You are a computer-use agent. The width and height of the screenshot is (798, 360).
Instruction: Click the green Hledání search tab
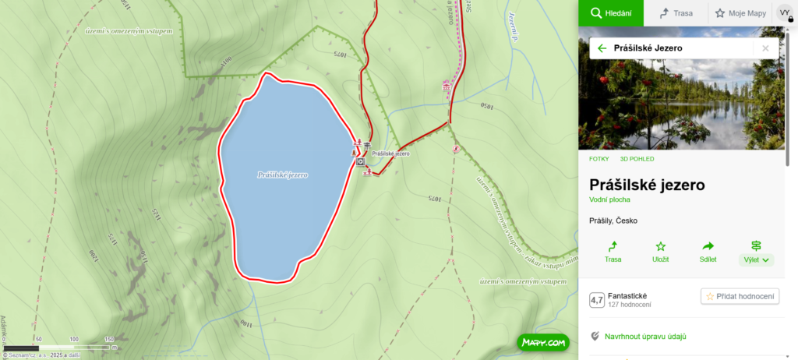[610, 13]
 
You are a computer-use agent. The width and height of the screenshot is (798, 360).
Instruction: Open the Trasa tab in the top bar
[675, 13]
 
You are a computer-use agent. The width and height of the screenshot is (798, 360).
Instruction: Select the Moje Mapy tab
[740, 13]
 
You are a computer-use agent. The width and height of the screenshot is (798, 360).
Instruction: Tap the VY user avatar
[785, 13]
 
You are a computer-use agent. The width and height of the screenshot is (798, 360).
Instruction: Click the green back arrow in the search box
[602, 48]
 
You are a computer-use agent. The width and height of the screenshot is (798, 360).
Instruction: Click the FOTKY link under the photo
[599, 159]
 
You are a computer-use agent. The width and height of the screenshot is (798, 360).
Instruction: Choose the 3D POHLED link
[637, 159]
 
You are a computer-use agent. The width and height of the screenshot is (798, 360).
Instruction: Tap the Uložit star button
[661, 252]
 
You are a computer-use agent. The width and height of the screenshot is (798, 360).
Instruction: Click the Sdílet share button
[708, 252]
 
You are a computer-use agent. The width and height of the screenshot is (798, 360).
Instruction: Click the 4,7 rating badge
[597, 300]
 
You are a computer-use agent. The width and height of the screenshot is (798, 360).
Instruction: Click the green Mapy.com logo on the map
[542, 342]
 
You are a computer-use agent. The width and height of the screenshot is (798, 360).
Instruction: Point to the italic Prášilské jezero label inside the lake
[282, 175]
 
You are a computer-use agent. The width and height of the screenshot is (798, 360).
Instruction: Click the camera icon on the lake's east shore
[360, 162]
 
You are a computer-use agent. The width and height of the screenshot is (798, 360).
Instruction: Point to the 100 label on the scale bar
[74, 339]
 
